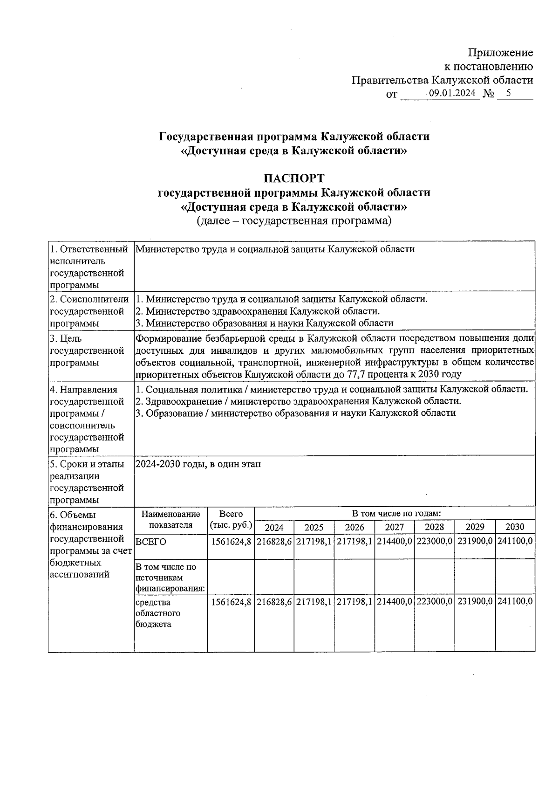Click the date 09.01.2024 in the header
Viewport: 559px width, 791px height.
pos(452,93)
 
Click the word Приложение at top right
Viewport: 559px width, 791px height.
pos(500,53)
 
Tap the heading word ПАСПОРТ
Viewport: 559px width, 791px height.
pos(293,179)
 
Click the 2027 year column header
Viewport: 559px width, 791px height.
pos(394,527)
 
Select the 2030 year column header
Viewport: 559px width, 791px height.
pos(515,527)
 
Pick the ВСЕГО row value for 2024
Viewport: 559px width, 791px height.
pos(274,542)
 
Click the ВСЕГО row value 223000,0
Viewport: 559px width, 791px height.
pos(434,542)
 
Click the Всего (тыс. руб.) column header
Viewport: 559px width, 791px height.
pos(231,520)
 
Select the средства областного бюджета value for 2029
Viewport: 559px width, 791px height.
pos(475,602)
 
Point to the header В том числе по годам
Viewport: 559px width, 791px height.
pos(396,514)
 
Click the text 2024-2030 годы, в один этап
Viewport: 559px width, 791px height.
pos(198,464)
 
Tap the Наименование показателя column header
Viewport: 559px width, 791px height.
pos(170,520)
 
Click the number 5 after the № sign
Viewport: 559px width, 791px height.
pos(509,93)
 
